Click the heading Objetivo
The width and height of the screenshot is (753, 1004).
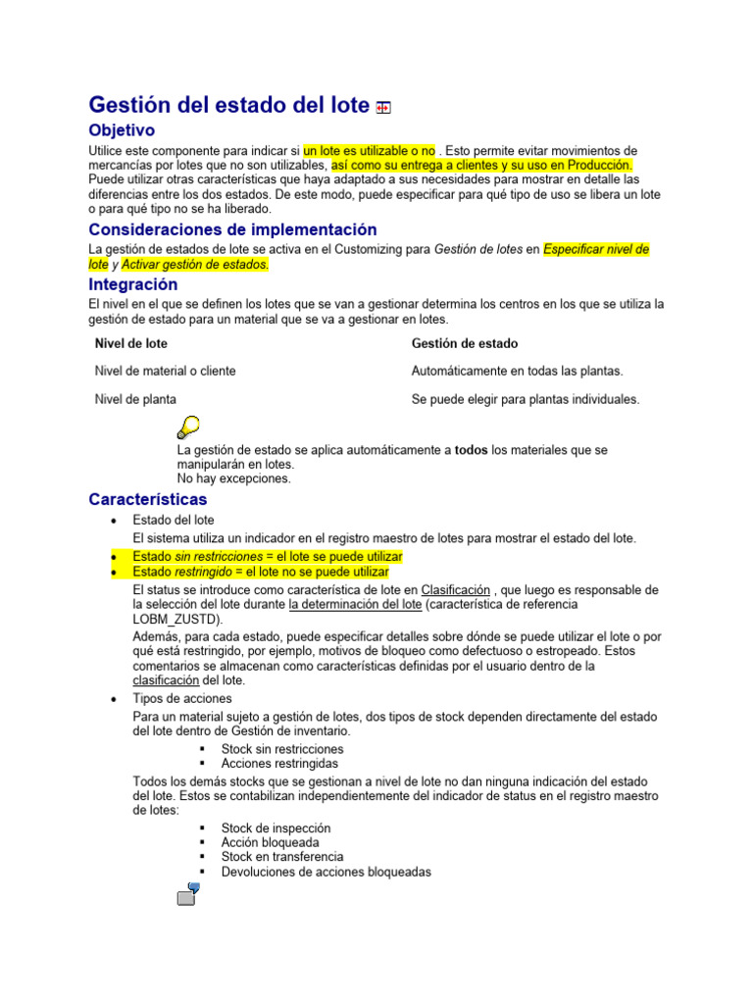pyautogui.click(x=122, y=130)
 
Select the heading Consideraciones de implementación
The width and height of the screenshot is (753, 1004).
pyautogui.click(x=232, y=229)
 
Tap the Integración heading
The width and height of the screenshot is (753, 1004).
pyautogui.click(x=133, y=284)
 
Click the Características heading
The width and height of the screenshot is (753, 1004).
pyautogui.click(x=148, y=499)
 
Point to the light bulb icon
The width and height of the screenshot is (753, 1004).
pyautogui.click(x=187, y=427)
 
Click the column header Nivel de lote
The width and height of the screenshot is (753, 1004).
pyautogui.click(x=130, y=343)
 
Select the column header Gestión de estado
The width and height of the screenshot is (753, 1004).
pyautogui.click(x=465, y=343)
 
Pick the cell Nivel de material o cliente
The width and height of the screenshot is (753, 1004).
pyautogui.click(x=165, y=371)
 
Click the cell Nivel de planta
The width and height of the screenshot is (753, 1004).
pyautogui.click(x=135, y=399)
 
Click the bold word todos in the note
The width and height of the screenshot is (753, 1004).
pyautogui.click(x=472, y=450)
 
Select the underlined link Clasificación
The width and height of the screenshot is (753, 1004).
pyautogui.click(x=455, y=590)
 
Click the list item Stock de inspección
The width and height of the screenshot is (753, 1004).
pyautogui.click(x=276, y=828)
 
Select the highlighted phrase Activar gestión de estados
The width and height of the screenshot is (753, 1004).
pyautogui.click(x=194, y=265)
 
